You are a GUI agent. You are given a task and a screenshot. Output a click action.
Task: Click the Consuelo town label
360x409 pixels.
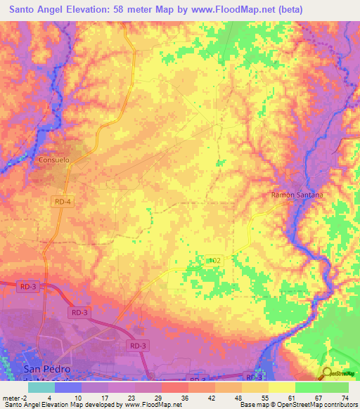[53, 160]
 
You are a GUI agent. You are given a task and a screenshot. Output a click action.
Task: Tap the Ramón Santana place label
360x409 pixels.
[297, 195]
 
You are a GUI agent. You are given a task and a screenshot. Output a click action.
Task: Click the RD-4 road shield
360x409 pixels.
[62, 201]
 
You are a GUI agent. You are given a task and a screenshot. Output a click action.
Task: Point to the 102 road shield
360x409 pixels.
[215, 260]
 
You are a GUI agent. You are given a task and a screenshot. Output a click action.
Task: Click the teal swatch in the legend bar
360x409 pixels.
[41, 387]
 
